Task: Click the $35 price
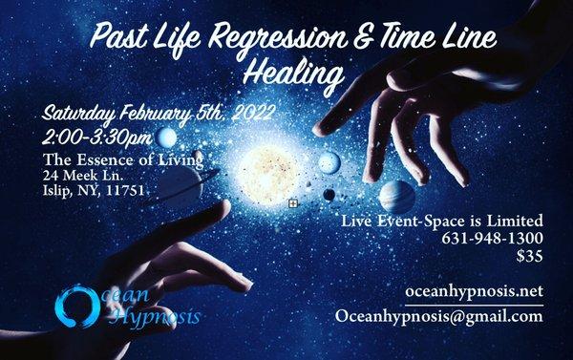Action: [527, 257]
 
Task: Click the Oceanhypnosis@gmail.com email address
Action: [439, 318]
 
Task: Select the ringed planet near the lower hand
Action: [181, 181]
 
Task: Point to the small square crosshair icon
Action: [294, 203]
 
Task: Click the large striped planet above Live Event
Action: [396, 198]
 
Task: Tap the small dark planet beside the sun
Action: [329, 194]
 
